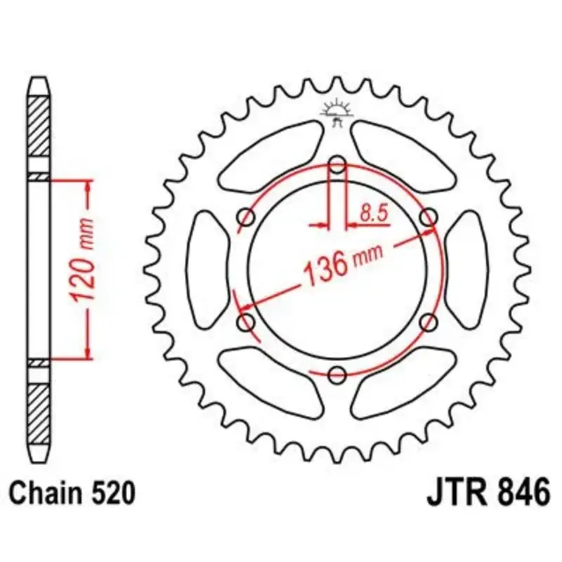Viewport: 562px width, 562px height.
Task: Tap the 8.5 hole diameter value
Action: coord(374,214)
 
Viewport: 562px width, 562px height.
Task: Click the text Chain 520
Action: coord(72,493)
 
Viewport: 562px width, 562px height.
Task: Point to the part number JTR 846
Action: coord(488,493)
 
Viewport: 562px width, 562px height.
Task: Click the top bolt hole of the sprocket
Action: coord(337,165)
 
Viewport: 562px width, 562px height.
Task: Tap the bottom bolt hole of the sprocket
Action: coord(337,375)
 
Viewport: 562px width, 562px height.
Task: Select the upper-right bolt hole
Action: coord(429,217)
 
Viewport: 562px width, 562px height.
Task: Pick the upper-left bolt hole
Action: coord(247,217)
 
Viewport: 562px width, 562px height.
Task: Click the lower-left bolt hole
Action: coord(247,322)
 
